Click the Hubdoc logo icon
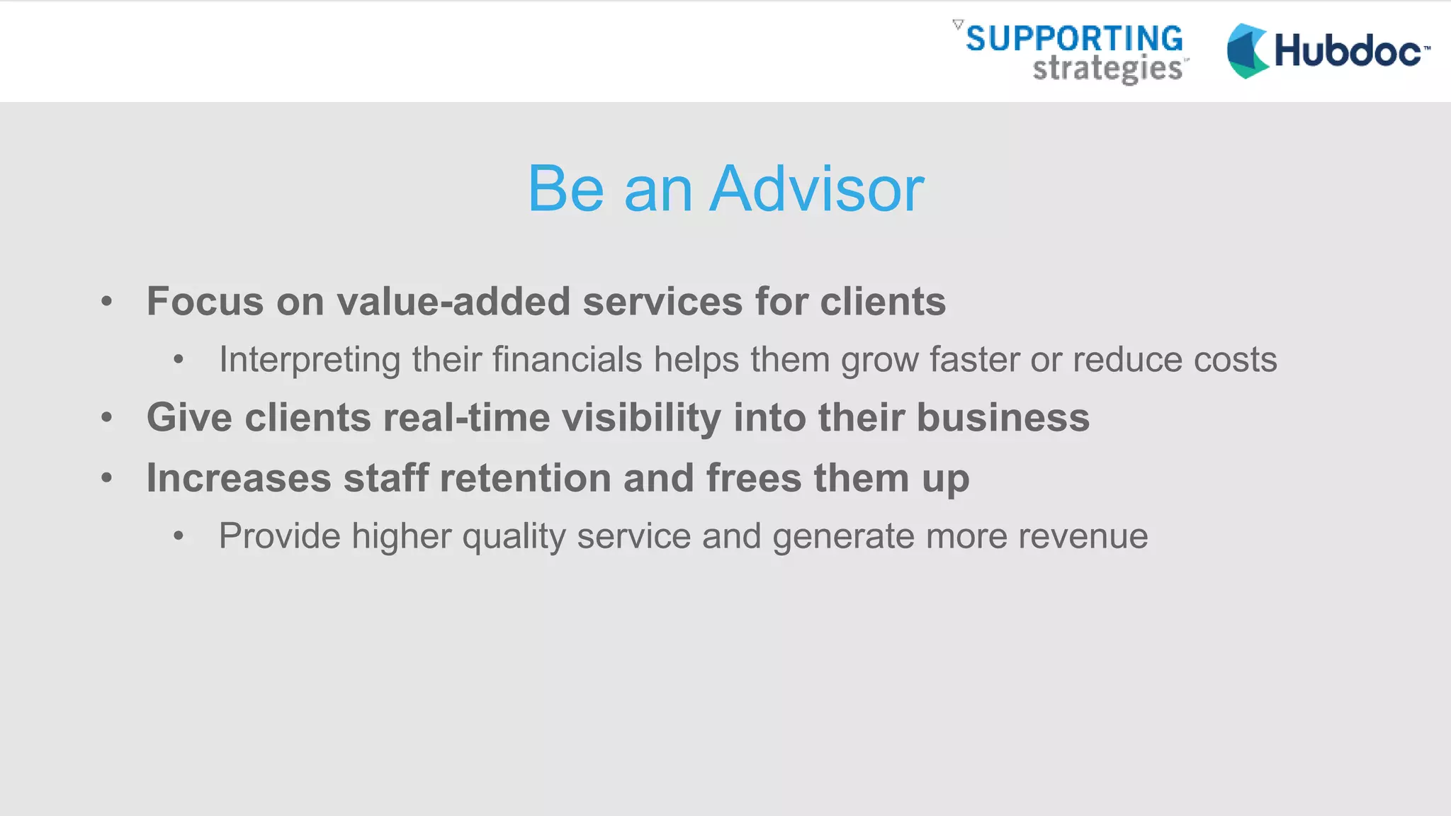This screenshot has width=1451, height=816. pyautogui.click(x=1248, y=51)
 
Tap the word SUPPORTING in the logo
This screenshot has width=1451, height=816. pyautogui.click(x=1074, y=38)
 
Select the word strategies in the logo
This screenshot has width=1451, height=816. pyautogui.click(x=1107, y=69)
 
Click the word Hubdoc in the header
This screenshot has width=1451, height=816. pyautogui.click(x=1348, y=51)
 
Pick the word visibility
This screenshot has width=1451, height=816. pyautogui.click(x=641, y=417)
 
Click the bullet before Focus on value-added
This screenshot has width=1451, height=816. pyautogui.click(x=107, y=302)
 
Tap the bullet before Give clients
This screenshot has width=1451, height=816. pyautogui.click(x=107, y=417)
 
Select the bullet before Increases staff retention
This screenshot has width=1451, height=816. pyautogui.click(x=107, y=478)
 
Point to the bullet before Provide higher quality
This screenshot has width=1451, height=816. pyautogui.click(x=179, y=536)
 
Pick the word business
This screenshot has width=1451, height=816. pyautogui.click(x=1003, y=417)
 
